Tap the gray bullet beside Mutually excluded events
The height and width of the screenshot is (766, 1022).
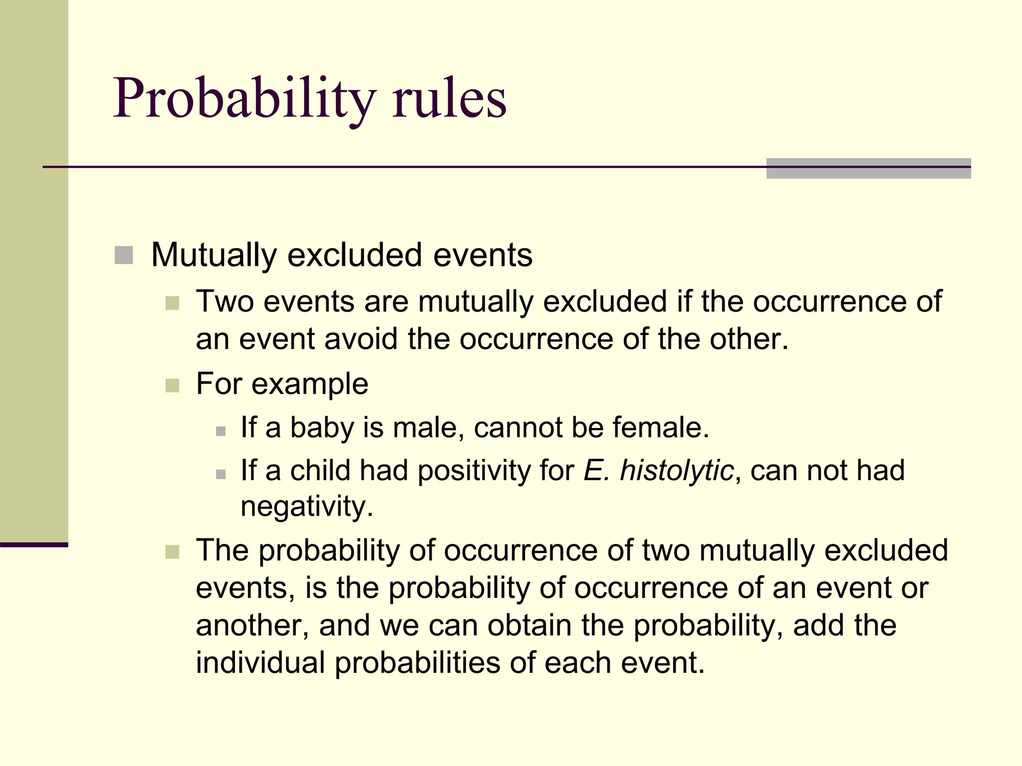[124, 255]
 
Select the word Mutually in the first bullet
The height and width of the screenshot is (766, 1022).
[214, 255]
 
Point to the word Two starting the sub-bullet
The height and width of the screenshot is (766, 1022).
[225, 301]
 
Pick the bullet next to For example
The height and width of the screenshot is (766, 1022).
[172, 385]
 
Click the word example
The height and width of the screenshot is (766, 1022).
[310, 384]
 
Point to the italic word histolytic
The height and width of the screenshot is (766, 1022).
[676, 470]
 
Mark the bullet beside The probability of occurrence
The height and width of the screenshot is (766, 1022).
[172, 552]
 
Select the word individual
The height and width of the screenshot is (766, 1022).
[260, 663]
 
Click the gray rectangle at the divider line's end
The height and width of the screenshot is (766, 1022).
[868, 168]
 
